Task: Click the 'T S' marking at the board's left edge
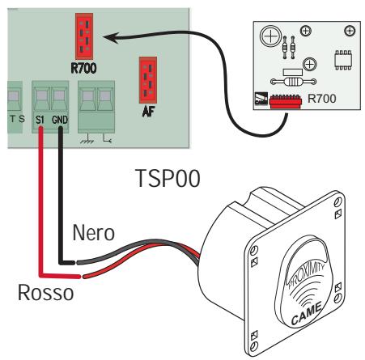(15, 119)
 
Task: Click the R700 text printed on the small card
(321, 98)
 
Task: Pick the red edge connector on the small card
(286, 101)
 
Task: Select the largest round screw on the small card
(272, 36)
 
